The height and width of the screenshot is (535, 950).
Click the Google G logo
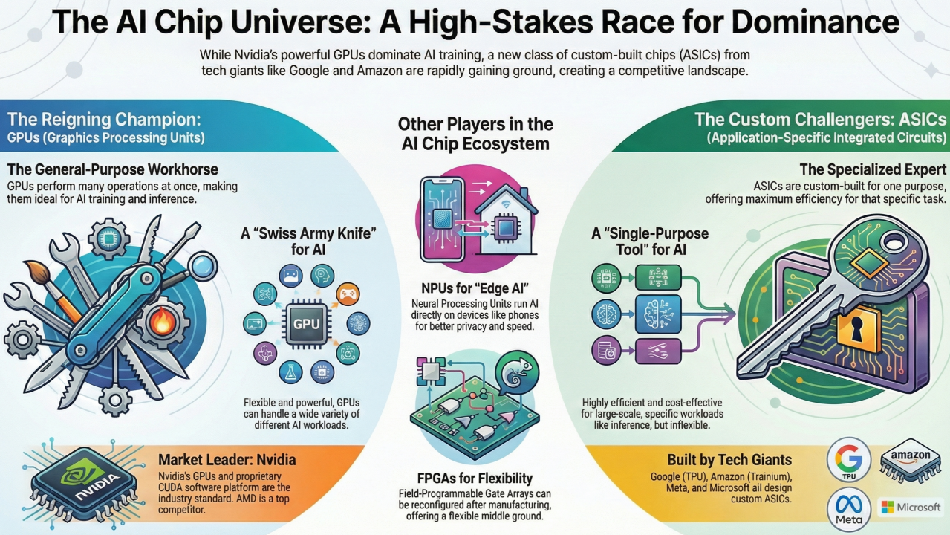coord(849,459)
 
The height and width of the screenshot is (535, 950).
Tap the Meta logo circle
coord(849,510)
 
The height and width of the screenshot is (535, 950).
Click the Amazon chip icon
coord(911,461)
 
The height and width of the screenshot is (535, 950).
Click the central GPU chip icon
coord(306,324)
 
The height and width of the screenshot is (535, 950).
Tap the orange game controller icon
coord(348,294)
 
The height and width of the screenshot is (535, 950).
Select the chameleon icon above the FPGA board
coord(517,373)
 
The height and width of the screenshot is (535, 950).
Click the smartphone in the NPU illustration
coord(442,220)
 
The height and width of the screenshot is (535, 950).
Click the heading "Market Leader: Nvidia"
coord(227,460)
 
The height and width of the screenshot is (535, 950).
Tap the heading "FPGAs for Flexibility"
coord(475,478)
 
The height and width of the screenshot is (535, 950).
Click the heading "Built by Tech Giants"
coord(729,460)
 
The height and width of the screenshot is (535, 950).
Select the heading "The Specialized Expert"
coord(873,169)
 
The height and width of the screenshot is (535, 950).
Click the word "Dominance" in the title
coord(815,22)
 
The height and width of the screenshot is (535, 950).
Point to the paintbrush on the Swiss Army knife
coord(52,290)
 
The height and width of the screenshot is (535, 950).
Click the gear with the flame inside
coord(162,323)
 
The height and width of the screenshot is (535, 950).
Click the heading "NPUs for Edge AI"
coord(475,288)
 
